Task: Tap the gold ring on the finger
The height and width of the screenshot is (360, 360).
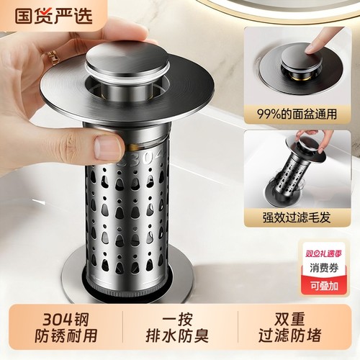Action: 53,57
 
